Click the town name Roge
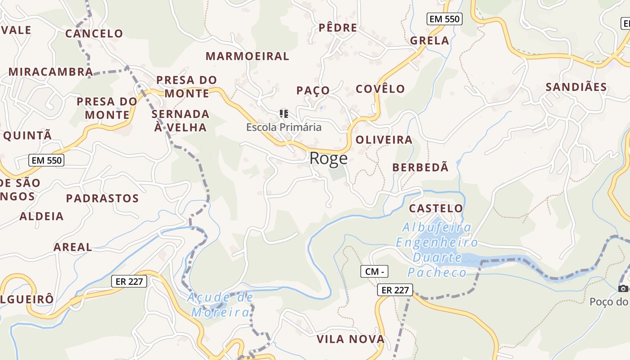328,158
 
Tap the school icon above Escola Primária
283,113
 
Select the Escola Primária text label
283,127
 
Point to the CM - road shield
374,271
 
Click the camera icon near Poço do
623,288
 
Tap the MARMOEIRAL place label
247,56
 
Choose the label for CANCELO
94,34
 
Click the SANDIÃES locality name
576,87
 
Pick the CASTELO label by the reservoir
436,208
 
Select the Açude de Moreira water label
220,305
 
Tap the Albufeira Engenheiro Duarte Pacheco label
437,250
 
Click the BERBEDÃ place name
420,167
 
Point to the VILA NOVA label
351,339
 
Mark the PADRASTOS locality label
102,198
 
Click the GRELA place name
430,41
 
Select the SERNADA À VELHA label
180,121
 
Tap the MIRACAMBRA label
51,72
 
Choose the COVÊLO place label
380,89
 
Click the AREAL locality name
72,247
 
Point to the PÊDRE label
337,28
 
